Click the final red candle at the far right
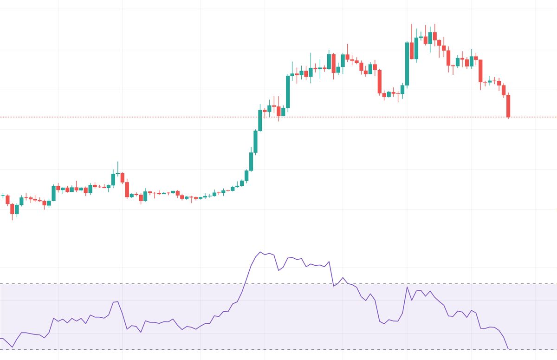pyautogui.click(x=508, y=106)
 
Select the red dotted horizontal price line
pyautogui.click(x=139, y=117)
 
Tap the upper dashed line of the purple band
pyautogui.click(x=139, y=283)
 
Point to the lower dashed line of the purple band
pyautogui.click(x=139, y=349)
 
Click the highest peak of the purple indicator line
pyautogui.click(x=260, y=252)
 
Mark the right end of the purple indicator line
pyautogui.click(x=508, y=348)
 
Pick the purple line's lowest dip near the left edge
pyautogui.click(x=13, y=347)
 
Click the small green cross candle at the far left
pyautogui.click(x=3, y=196)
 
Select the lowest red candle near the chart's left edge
pyautogui.click(x=13, y=209)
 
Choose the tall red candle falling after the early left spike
pyautogui.click(x=127, y=190)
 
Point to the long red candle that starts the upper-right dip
pyautogui.click(x=379, y=81)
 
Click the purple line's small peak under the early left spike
pyautogui.click(x=116, y=302)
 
